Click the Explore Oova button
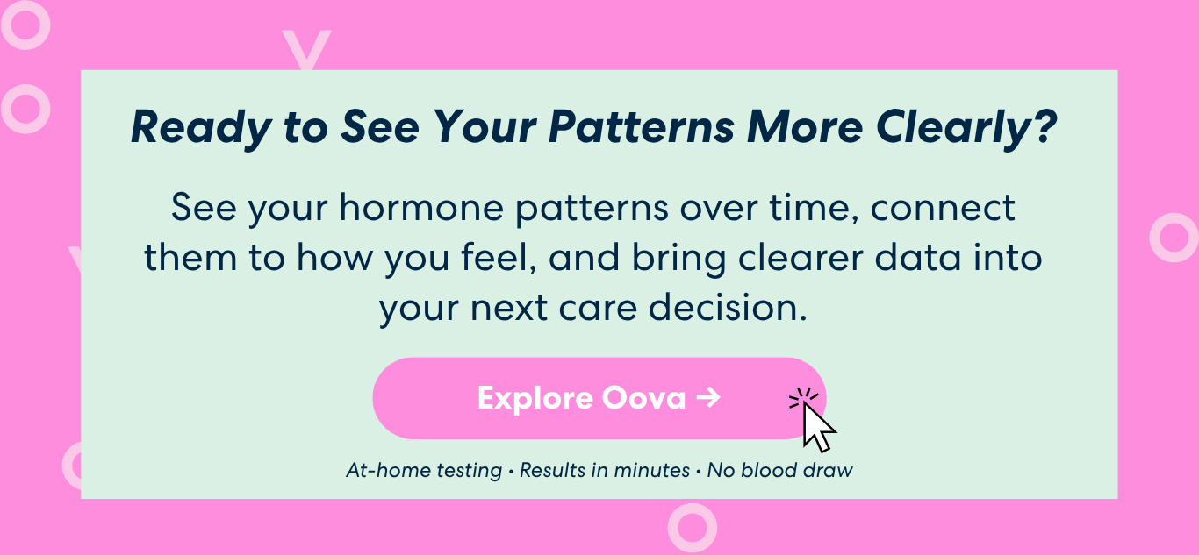point(599,398)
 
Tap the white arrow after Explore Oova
point(708,398)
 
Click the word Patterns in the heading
point(642,127)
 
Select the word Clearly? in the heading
point(966,128)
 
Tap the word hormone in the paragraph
point(421,208)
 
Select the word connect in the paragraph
point(943,208)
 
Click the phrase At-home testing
point(424,471)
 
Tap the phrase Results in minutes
point(605,471)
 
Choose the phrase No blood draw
point(780,470)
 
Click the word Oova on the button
point(643,398)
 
